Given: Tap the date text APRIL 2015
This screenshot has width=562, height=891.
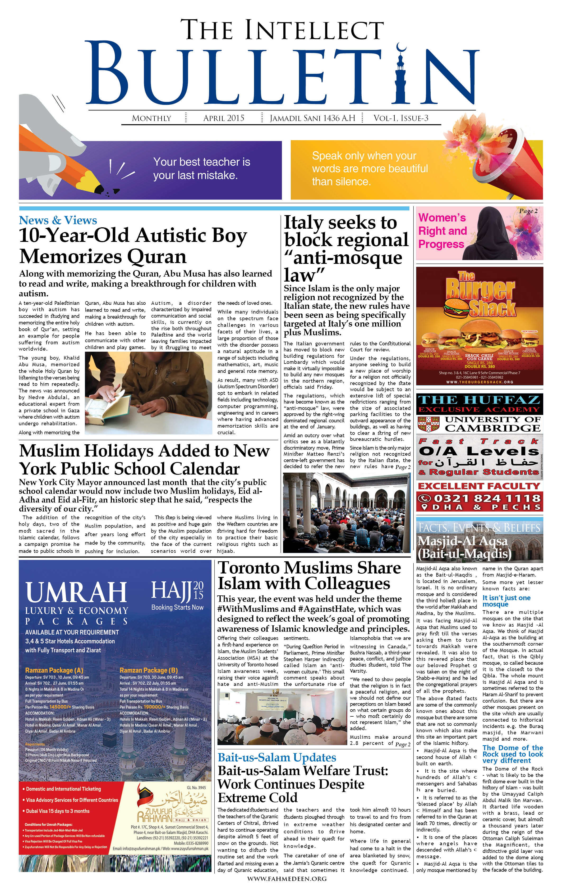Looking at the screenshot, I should point(224,118).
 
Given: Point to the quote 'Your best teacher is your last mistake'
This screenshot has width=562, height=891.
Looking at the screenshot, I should point(201,168).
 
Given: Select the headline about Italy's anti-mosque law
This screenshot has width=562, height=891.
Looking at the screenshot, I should point(346,249).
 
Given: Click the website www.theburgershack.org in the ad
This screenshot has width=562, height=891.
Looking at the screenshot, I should point(480,382).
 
